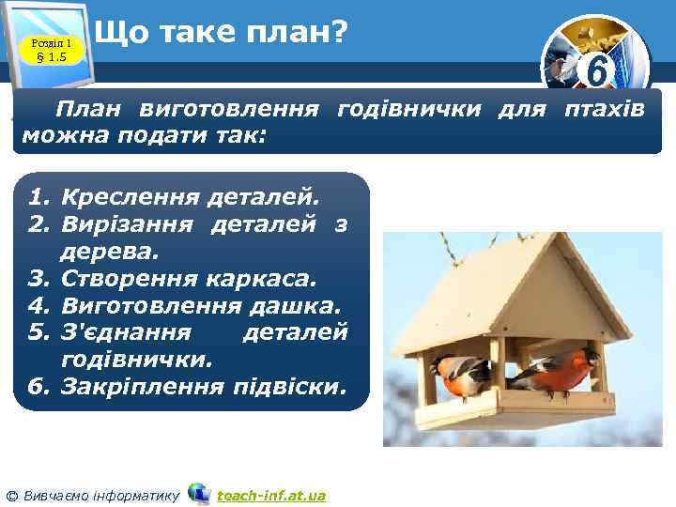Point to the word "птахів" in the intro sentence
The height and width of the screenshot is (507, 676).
604,110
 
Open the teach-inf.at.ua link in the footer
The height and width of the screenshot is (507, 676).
271,495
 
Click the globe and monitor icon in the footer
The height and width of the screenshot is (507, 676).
198,493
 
